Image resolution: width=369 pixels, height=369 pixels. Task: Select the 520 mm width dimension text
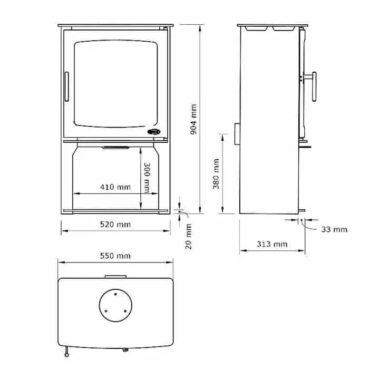(115, 225)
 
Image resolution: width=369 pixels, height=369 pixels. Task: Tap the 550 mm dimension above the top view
(115, 256)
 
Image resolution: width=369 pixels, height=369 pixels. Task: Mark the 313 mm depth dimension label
(273, 244)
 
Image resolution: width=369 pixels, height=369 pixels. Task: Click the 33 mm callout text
(334, 229)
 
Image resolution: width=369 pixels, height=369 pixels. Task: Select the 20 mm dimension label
(189, 236)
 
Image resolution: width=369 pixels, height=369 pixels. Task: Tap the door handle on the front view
(66, 86)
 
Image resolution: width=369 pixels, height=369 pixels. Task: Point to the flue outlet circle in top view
(115, 304)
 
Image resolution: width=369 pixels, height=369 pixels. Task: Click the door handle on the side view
(314, 87)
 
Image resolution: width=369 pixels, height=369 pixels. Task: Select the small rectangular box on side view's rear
(237, 134)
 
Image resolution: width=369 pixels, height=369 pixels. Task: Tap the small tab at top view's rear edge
(115, 276)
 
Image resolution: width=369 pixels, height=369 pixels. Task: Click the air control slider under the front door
(115, 148)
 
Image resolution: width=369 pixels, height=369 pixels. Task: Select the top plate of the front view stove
(115, 26)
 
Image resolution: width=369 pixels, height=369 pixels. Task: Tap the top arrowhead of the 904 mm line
(200, 27)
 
